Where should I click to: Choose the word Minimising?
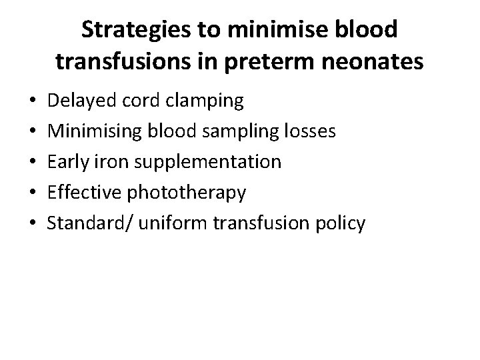point(93,132)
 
